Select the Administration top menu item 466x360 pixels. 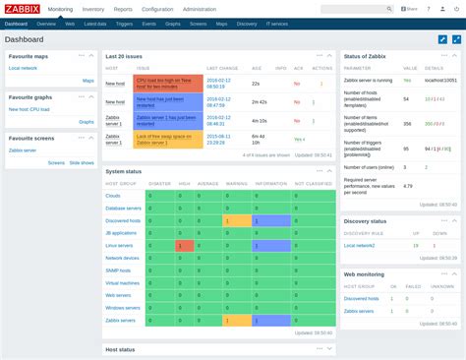pyautogui.click(x=200, y=9)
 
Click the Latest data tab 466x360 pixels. pyautogui.click(x=95, y=23)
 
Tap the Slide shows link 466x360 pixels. pyautogui.click(x=82, y=162)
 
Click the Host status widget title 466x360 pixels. pyautogui.click(x=120, y=349)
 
